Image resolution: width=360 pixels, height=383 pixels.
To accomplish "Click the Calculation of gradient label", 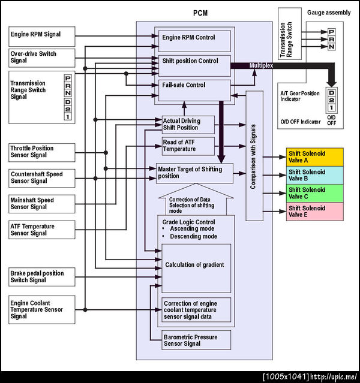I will click(194, 265).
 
